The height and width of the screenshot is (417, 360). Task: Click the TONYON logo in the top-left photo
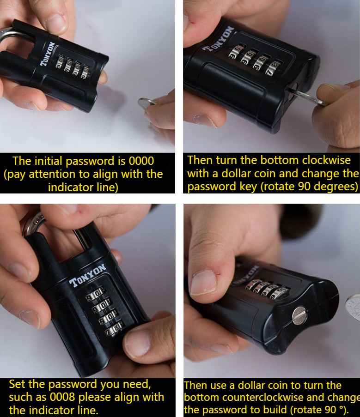click(48, 54)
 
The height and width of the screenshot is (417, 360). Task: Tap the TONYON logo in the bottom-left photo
click(87, 276)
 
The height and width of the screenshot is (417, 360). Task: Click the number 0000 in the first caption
click(141, 161)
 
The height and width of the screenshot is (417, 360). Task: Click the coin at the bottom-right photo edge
click(353, 307)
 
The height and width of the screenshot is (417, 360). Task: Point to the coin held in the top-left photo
click(145, 103)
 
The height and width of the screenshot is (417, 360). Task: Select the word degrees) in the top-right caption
click(338, 187)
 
